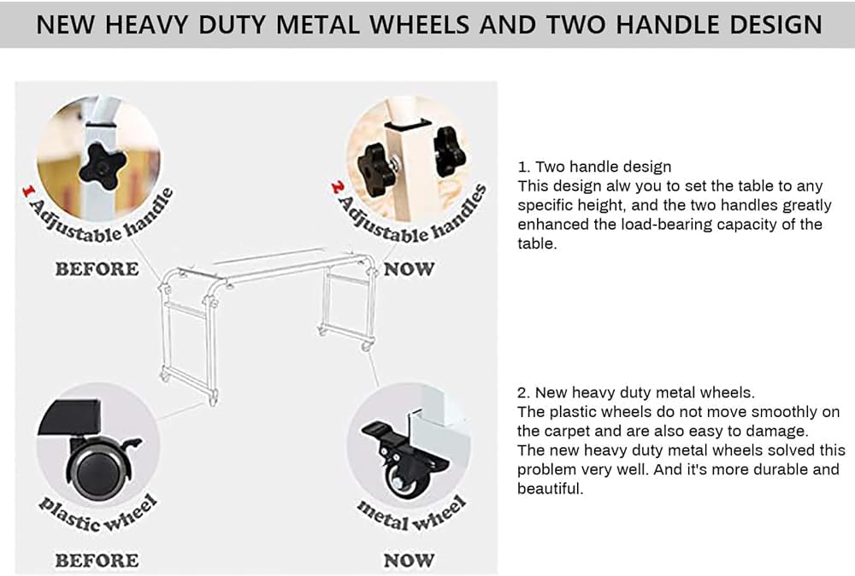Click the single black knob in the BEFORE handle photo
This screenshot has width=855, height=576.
(103, 166)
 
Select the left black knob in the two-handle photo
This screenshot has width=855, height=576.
(376, 169)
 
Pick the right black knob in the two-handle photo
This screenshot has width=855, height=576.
(450, 151)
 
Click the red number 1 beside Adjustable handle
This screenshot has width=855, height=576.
(28, 191)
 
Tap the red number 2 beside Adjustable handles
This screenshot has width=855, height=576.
(337, 188)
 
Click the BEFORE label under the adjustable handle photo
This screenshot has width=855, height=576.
(97, 269)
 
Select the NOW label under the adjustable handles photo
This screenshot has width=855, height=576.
(409, 269)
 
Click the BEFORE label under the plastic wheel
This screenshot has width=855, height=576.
(97, 561)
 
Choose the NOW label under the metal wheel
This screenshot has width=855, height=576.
(409, 561)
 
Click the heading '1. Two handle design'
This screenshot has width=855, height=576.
(594, 167)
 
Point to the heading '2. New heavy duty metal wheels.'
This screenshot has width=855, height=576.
(636, 393)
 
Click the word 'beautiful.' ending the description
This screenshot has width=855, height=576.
(550, 488)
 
